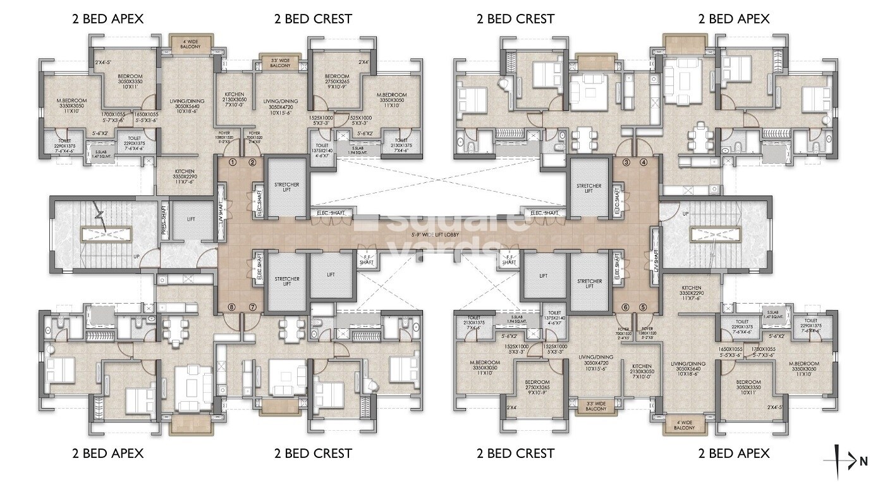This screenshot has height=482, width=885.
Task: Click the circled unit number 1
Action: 233,162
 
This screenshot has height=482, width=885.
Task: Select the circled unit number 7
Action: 252,307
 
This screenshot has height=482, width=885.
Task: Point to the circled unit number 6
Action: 625,307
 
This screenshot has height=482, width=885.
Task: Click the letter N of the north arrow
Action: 864,461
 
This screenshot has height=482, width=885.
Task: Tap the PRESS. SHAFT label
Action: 164,219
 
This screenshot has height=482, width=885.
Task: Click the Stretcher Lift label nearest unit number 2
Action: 286,188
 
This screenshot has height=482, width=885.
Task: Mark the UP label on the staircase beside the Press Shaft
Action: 136,257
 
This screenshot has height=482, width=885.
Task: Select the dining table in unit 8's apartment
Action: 176,328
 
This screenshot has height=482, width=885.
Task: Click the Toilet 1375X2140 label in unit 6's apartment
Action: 554,318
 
